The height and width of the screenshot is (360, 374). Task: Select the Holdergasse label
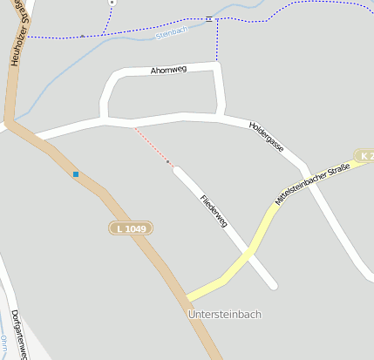(x=266, y=136)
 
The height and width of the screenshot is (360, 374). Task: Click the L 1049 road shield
(x=132, y=228)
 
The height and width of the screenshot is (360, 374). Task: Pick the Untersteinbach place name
(x=224, y=314)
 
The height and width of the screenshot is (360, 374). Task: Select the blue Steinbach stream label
(x=172, y=32)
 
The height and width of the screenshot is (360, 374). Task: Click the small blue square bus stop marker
(x=76, y=174)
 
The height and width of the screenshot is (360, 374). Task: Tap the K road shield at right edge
(x=364, y=154)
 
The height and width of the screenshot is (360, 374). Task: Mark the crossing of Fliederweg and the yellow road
(x=250, y=255)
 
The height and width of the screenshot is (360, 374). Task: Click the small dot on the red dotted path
(x=167, y=161)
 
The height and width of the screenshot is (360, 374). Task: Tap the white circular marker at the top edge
(x=112, y=3)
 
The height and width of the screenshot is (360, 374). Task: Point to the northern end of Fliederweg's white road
(x=178, y=171)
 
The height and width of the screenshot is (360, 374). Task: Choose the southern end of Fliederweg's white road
(x=273, y=284)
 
